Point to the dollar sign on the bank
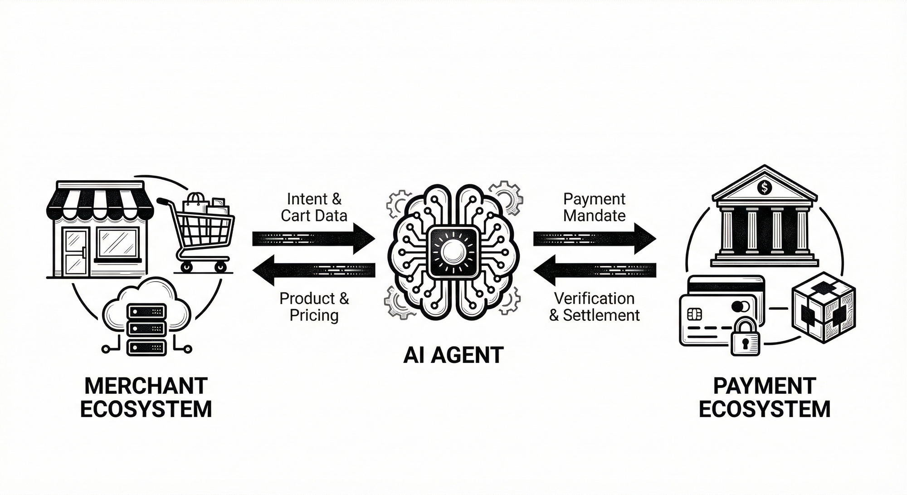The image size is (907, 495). pos(765,186)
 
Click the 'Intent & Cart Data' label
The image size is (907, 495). pos(314,207)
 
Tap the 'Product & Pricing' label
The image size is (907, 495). pos(314,307)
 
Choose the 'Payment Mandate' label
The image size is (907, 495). pos(594,207)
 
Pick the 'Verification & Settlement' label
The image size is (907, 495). pos(594,307)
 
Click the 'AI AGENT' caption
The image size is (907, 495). pos(453,355)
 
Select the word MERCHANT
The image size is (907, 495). pos(146,386)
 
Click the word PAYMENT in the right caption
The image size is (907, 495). pos(765,386)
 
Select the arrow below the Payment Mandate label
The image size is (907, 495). pos(594,238)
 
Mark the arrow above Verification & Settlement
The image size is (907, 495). pos(594,270)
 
